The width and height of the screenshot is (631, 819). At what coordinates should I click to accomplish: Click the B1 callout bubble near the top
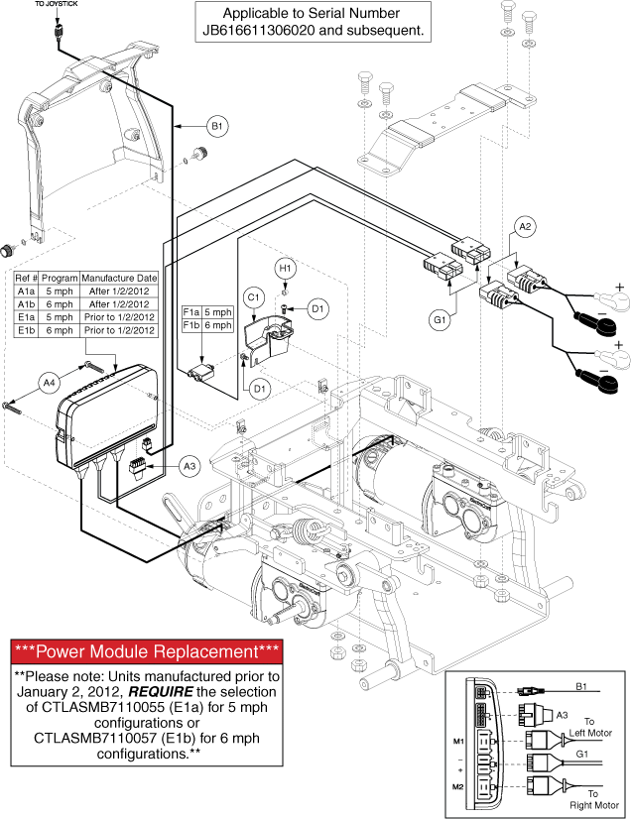216,126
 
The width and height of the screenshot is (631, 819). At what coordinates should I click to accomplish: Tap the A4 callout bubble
48,379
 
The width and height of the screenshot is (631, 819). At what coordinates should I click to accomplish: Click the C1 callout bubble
253,296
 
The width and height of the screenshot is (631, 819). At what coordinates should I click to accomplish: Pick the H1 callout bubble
286,268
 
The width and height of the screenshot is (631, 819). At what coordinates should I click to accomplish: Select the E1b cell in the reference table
26,331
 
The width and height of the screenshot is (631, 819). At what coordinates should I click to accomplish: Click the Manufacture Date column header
118,279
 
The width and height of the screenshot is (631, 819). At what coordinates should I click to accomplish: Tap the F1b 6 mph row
207,324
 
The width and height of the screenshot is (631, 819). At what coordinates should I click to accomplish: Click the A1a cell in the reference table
26,292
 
